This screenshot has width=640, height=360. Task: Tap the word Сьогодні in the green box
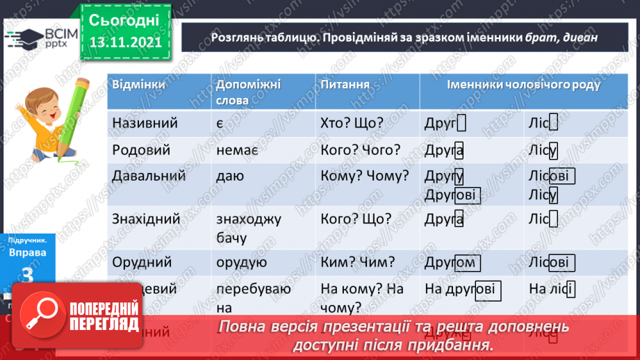(x=125, y=19)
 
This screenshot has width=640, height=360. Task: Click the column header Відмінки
(x=139, y=84)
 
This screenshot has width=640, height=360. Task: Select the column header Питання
(x=345, y=84)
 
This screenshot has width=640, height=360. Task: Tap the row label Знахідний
(x=146, y=219)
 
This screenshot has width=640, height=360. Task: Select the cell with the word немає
(x=237, y=149)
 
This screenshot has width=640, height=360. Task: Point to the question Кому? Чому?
(x=365, y=176)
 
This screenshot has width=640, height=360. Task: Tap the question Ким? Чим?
(x=358, y=262)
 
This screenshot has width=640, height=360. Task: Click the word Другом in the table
(x=451, y=263)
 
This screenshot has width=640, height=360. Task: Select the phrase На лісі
(x=551, y=288)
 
